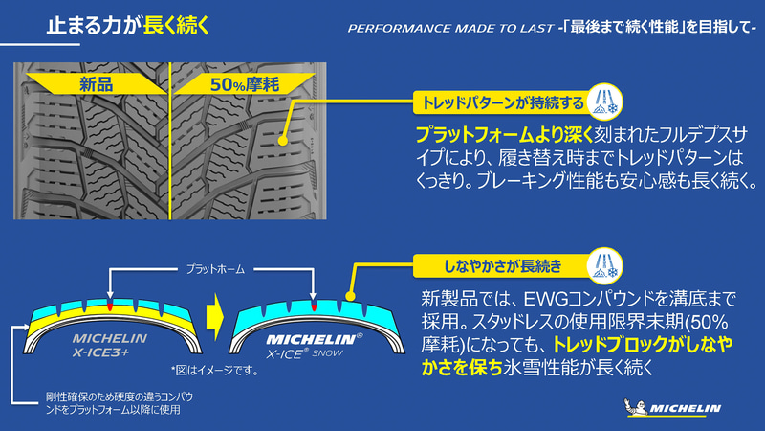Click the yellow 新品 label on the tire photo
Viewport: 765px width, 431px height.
click(x=98, y=84)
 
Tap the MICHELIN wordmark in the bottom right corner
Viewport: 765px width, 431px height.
click(x=685, y=409)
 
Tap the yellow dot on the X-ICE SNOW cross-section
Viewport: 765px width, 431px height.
click(x=351, y=300)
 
